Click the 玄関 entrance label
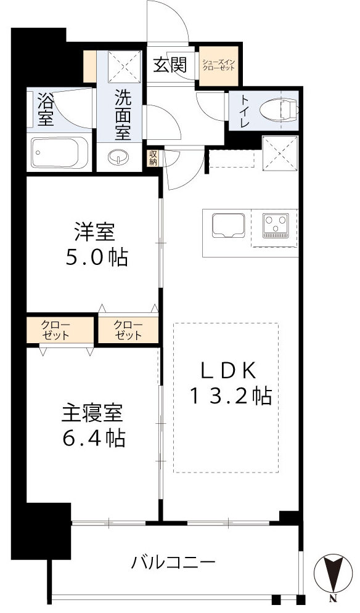click(x=170, y=64)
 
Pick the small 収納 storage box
click(x=152, y=158)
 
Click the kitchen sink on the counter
click(x=228, y=225)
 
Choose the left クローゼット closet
click(x=55, y=330)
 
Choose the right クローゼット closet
click(x=129, y=330)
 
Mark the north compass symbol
click(x=332, y=576)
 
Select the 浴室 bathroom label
click(x=45, y=108)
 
